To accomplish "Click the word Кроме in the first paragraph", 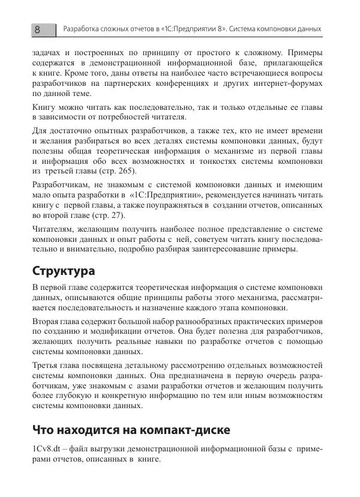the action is tap(72, 73).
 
